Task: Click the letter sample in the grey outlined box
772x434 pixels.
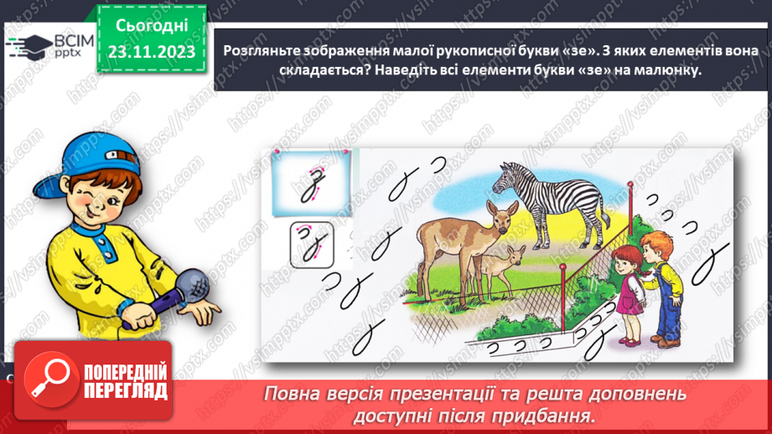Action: (x=312, y=246)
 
